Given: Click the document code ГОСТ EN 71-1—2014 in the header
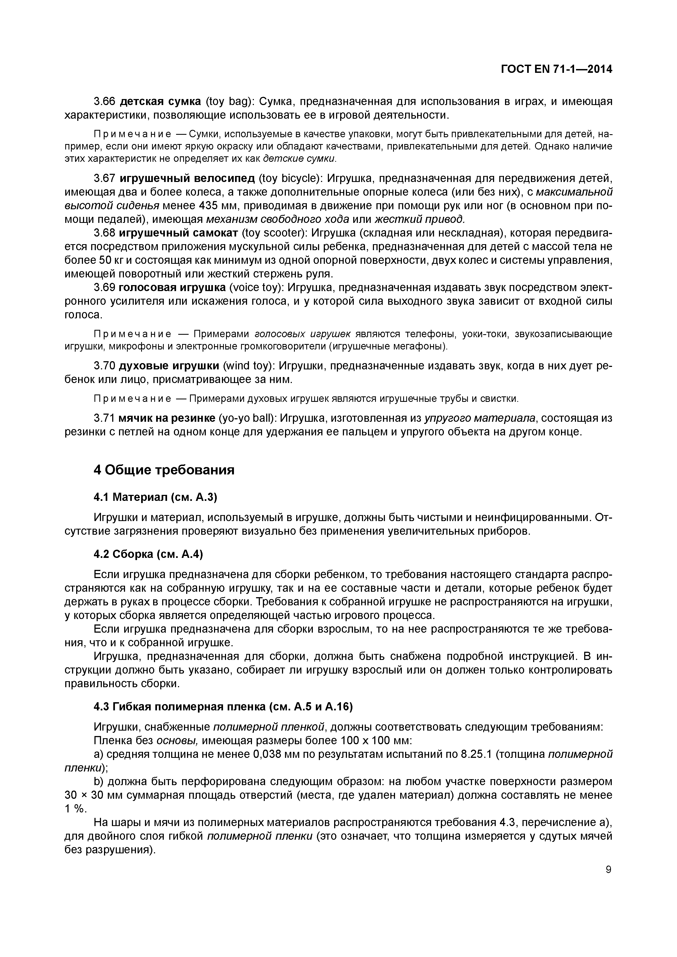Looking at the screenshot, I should coord(556,69).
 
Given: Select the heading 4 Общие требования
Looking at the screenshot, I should coord(164,470).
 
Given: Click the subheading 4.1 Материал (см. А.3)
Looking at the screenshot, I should coord(156,497).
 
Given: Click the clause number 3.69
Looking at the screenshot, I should coord(104,288).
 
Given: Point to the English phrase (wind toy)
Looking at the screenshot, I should coord(249,366).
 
